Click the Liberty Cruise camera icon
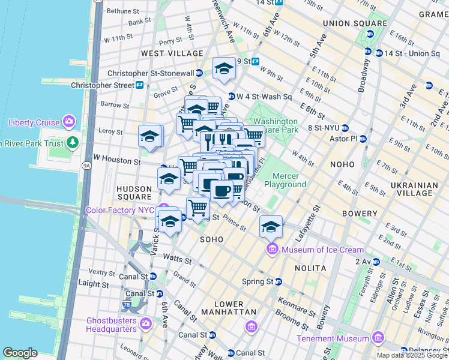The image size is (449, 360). [69, 122]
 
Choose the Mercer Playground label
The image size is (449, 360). [289, 180]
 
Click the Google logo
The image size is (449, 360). [20, 353]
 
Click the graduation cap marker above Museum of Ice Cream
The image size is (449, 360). [271, 227]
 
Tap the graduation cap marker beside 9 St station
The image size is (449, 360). [224, 68]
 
